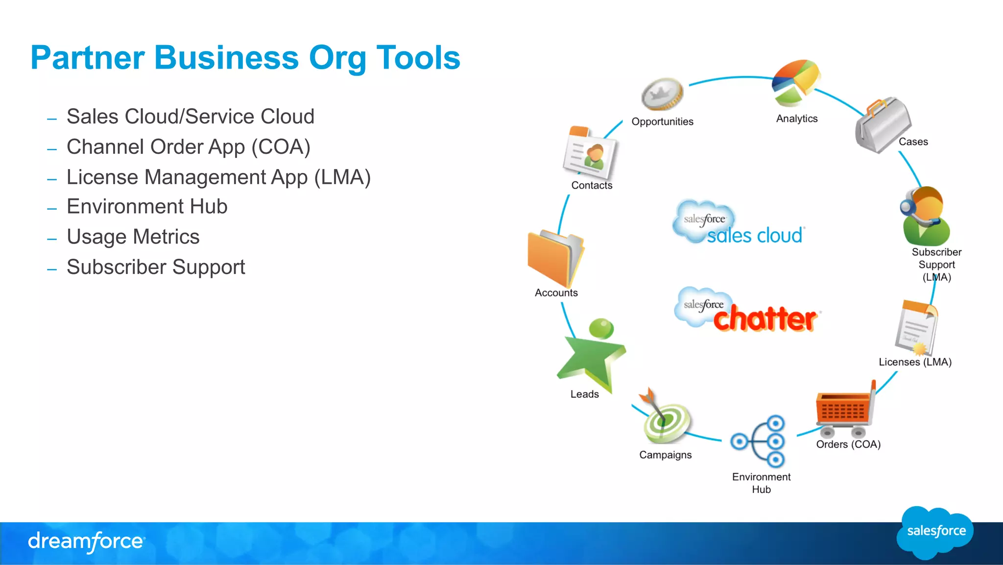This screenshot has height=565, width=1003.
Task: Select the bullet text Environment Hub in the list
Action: click(147, 207)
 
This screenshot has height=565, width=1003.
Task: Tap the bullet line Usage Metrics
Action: click(133, 237)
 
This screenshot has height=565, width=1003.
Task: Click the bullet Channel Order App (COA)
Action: click(189, 147)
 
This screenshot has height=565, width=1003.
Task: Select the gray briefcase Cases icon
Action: click(883, 125)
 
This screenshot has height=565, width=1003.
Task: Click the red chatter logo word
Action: click(765, 319)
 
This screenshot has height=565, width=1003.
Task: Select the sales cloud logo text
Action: click(754, 236)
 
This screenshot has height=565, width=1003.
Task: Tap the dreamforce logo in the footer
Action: click(86, 541)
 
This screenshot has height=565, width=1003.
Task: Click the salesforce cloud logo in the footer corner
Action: click(935, 532)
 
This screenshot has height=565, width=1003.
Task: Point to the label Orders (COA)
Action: click(848, 444)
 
